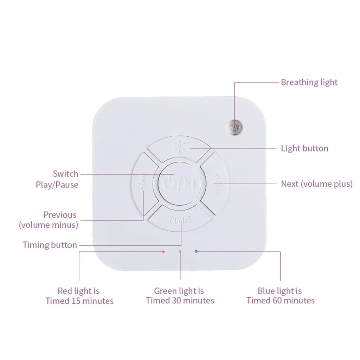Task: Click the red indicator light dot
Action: pos(163,252)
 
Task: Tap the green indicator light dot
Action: pos(180,252)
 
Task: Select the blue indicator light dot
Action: pos(196,251)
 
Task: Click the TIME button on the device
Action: pos(180,220)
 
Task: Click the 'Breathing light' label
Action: pos(309,82)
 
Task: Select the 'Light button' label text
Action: pos(304,148)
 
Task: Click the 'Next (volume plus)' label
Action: pos(316,184)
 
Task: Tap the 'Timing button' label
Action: pos(50,245)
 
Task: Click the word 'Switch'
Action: pos(65,174)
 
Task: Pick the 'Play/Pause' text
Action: pos(57,185)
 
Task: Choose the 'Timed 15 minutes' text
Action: pos(79,301)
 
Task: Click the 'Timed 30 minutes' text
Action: pos(180,301)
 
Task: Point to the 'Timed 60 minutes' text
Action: pos(280,301)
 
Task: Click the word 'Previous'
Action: pos(60,215)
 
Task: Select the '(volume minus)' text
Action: pos(49,225)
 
